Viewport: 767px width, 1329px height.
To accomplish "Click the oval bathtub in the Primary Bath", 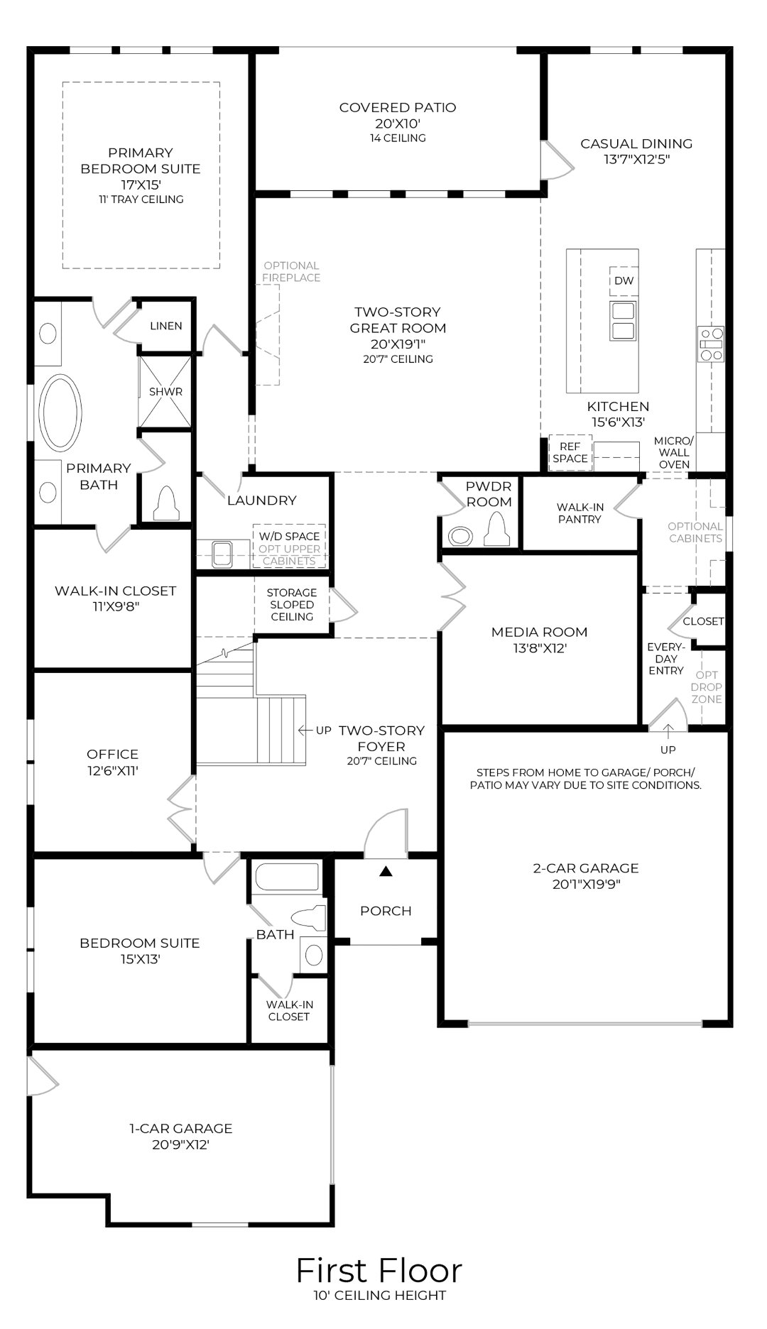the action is tap(60, 412).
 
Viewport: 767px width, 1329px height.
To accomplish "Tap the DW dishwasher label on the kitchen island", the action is tap(624, 280).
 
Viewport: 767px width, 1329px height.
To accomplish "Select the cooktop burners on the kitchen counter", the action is tap(711, 344).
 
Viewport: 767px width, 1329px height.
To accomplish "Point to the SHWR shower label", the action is tap(165, 392).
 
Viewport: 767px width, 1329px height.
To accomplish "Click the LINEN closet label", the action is tap(166, 326).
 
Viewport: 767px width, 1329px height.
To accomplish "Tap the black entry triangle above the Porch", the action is tap(386, 871).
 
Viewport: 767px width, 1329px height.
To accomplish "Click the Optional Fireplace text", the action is tap(291, 272).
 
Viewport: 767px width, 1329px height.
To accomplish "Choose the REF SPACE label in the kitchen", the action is tap(570, 452).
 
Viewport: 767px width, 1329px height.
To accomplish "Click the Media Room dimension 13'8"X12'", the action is tap(539, 648).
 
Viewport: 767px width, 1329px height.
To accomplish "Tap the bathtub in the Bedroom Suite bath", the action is tap(287, 877).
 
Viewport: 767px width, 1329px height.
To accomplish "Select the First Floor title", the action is tap(379, 1271).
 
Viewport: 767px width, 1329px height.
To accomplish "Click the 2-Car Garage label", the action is tap(586, 868).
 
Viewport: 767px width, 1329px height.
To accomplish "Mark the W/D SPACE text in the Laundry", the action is tap(289, 536).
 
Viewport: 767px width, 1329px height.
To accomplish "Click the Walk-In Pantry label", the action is tap(580, 513).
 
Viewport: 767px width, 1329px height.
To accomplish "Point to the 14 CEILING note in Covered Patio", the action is tap(398, 138).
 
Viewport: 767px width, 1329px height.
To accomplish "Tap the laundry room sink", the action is tap(222, 554).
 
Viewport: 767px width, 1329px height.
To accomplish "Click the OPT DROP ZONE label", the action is tap(707, 687).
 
